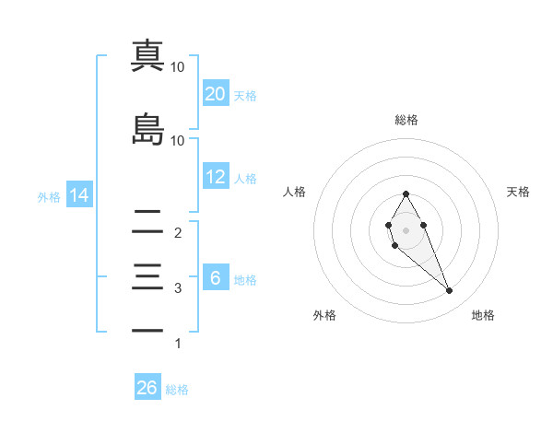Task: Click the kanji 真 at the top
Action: click(x=147, y=54)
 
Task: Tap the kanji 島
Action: click(x=147, y=129)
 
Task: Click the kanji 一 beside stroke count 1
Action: click(x=147, y=330)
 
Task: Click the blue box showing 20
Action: click(x=215, y=93)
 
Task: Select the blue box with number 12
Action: click(x=215, y=177)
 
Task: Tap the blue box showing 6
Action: click(x=215, y=278)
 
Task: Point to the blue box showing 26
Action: click(x=147, y=388)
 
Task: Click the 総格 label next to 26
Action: click(x=177, y=390)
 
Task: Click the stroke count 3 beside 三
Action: click(x=178, y=288)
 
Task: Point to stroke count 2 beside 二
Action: click(x=178, y=234)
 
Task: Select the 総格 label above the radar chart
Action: click(x=406, y=121)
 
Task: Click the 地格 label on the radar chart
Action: click(x=483, y=316)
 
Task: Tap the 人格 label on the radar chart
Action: click(x=294, y=193)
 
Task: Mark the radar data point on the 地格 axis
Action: click(x=449, y=291)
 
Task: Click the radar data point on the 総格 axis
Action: click(x=406, y=193)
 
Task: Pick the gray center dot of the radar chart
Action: click(x=406, y=230)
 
